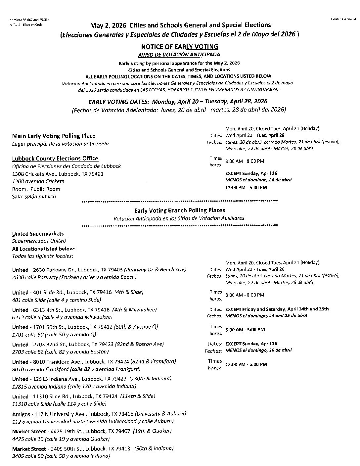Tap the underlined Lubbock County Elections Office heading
click(x=55, y=159)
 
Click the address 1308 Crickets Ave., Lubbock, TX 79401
click(x=58, y=174)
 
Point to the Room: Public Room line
click(x=36, y=189)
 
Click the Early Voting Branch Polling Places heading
click(x=179, y=210)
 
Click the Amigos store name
click(x=22, y=414)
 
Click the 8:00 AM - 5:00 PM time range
click(x=245, y=330)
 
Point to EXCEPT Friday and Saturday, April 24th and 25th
click(x=277, y=309)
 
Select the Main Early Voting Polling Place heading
click(x=54, y=136)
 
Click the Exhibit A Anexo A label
click(x=343, y=20)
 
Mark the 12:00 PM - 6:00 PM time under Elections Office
click(x=246, y=188)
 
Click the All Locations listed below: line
click(x=44, y=249)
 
